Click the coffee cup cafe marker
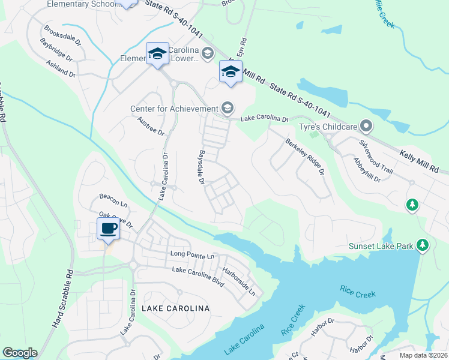108,229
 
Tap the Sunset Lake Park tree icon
423,245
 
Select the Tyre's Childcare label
329,127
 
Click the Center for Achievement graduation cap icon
228,108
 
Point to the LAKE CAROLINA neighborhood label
175,308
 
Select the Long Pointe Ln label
192,256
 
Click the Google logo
20,353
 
